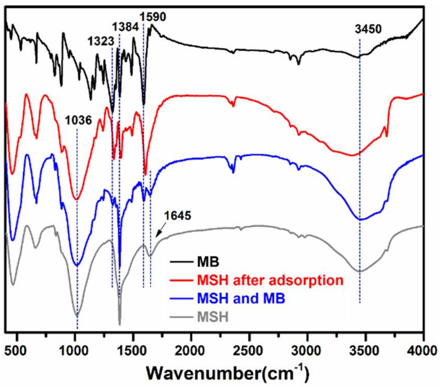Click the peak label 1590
[x=153, y=17]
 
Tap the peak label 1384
[x=125, y=27]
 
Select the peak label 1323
[x=101, y=41]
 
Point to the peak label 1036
[x=78, y=120]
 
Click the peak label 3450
[x=368, y=29]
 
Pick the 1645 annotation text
[x=178, y=216]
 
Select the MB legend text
[x=208, y=262]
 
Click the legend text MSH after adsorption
[x=270, y=280]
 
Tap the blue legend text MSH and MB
[x=241, y=298]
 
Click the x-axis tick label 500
[x=17, y=351]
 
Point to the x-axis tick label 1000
[x=75, y=351]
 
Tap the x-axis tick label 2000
[x=191, y=351]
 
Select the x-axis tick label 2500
[x=249, y=351]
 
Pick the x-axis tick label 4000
[x=423, y=351]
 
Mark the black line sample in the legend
[x=181, y=262]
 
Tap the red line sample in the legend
[x=181, y=280]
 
